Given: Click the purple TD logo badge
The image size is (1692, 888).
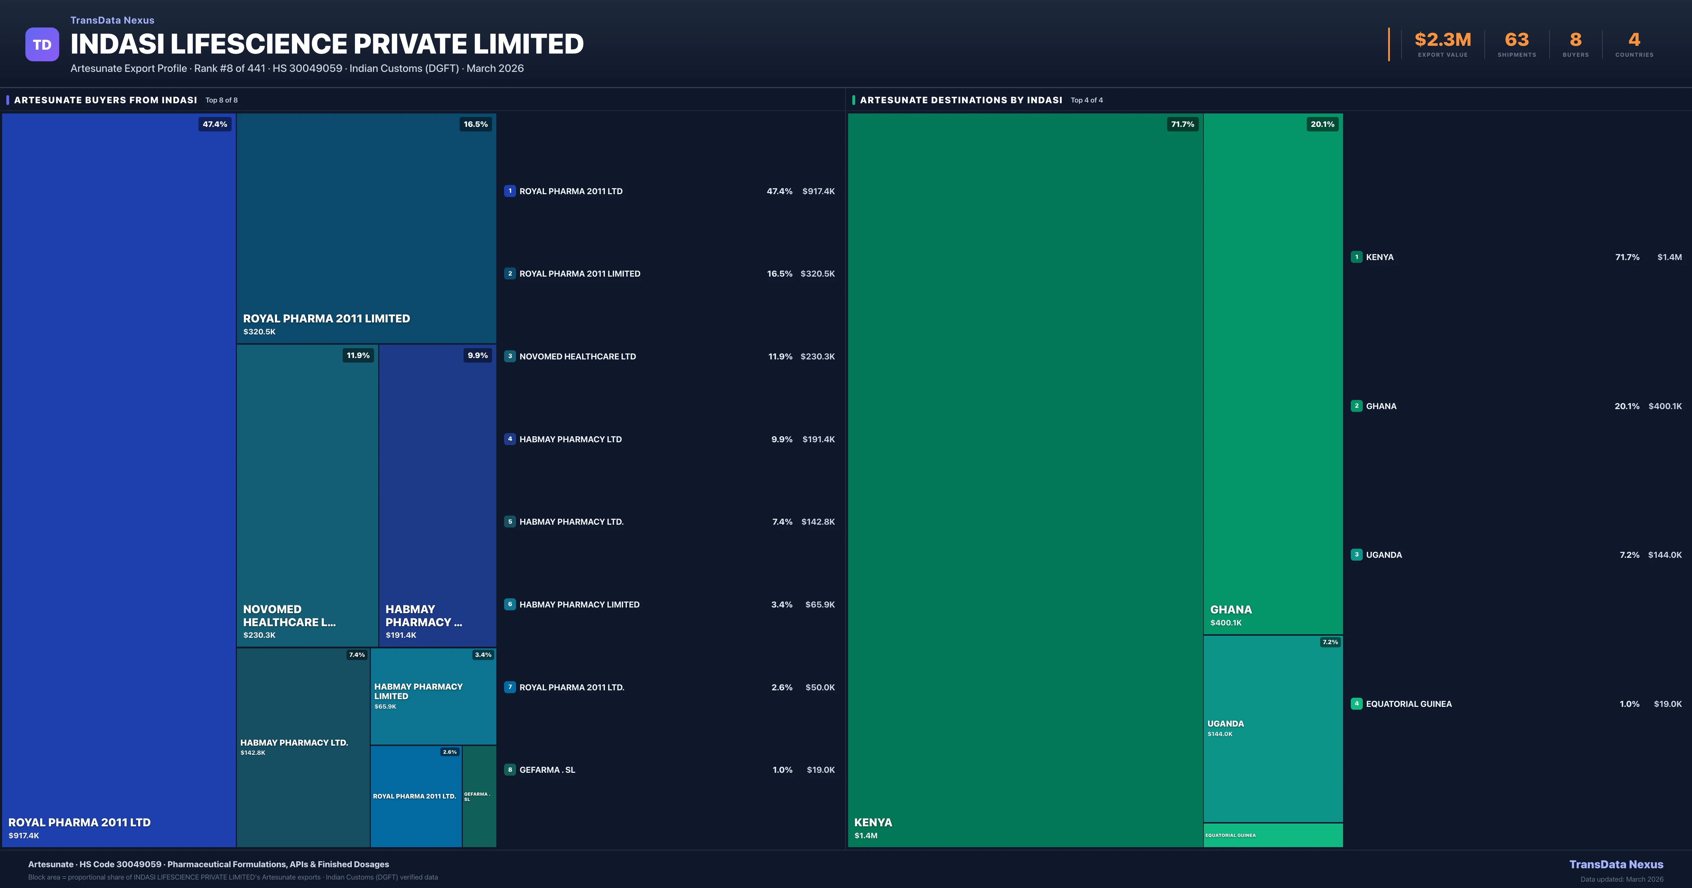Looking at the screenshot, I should pos(42,45).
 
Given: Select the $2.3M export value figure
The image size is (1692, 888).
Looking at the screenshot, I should pos(1442,40).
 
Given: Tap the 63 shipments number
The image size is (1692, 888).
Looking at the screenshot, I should pos(1516,40).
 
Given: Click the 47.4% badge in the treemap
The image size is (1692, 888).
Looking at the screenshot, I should pos(215,124).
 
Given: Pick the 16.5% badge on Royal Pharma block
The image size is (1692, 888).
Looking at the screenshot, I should pos(476,124).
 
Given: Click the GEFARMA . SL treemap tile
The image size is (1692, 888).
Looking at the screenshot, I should pos(479,796).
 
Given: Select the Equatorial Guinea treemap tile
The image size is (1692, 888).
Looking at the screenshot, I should pos(1273,835).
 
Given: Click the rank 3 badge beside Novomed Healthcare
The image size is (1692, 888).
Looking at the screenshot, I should pos(510,356).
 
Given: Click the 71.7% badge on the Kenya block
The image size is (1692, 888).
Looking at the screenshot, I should pos(1182,124).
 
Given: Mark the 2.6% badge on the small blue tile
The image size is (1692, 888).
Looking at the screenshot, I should pos(449,752).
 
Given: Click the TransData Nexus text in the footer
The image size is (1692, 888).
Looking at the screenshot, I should pos(1616,864).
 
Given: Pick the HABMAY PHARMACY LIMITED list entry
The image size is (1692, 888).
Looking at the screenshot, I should pos(579,604).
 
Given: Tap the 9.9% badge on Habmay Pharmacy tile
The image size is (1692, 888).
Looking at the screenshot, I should pos(478,355).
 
